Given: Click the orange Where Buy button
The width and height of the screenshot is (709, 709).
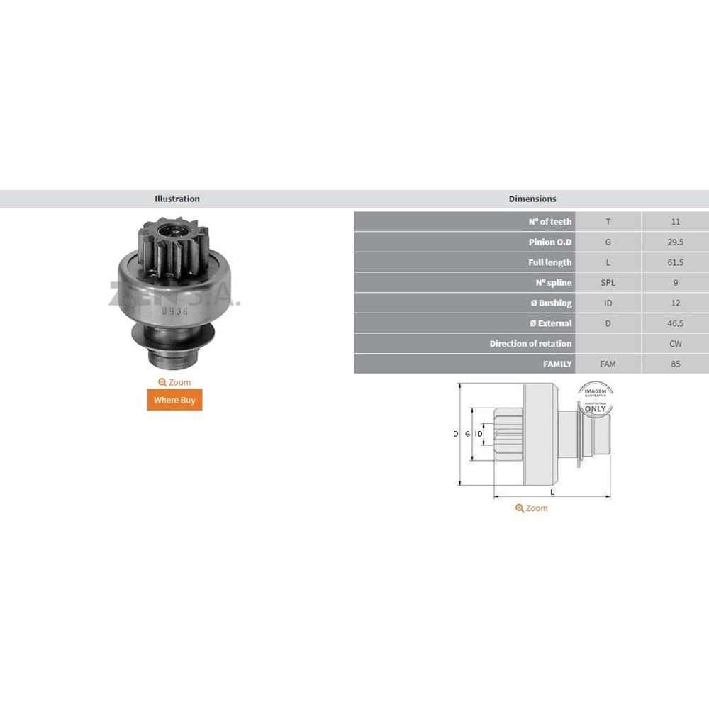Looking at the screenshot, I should coord(174,400).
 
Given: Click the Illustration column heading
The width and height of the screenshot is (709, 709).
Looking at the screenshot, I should coord(177,199).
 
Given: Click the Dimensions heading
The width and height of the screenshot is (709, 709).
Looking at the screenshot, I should coord(532,199).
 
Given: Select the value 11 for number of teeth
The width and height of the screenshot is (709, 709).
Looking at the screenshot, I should coord(675,222).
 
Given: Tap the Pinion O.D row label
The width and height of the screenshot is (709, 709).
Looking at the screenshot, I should coord(550,242).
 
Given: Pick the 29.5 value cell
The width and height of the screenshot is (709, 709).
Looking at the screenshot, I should coord(675,242).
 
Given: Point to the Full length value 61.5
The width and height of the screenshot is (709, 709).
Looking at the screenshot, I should coord(675,262).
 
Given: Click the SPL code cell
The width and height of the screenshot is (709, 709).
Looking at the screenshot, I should coord(608,283).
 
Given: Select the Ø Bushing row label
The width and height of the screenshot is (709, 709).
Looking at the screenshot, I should coord(551,303).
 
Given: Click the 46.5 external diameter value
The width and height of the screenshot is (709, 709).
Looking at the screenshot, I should coord(675,323).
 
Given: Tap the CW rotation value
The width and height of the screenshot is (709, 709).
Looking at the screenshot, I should coord(675,344).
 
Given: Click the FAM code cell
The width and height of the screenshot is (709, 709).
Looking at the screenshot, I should coord(608,364).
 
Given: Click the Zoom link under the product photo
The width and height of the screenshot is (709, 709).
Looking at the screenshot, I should coord(174,382).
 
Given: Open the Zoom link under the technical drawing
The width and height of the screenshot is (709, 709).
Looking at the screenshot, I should coord(532,508).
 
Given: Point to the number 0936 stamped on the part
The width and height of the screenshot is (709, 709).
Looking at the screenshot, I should coord(171,311).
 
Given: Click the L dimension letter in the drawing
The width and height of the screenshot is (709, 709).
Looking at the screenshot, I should coord(552,492).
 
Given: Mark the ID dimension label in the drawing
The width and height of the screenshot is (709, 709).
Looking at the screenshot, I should coord(479,434).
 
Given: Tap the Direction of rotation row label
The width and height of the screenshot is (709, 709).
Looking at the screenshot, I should coord(530,344).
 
